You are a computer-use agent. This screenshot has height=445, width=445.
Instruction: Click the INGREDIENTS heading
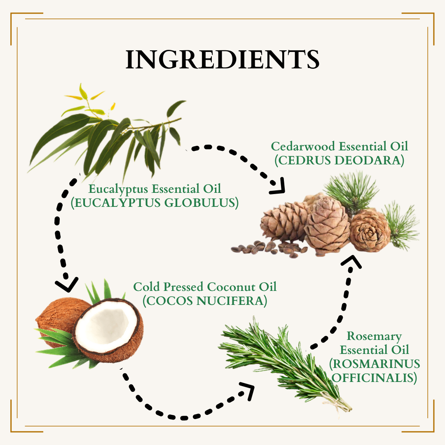click(x=222, y=59)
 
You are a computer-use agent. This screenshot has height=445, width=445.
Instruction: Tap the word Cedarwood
click(x=303, y=146)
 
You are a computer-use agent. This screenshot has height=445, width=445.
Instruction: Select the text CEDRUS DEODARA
click(x=340, y=160)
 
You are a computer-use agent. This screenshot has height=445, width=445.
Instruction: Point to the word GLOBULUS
click(x=200, y=203)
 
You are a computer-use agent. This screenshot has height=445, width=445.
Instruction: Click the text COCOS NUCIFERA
click(x=205, y=301)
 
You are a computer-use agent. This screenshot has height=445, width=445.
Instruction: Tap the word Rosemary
click(x=374, y=336)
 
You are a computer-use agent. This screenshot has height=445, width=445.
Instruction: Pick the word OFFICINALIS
click(x=372, y=378)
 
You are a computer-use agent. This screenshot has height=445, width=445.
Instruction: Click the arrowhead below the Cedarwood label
click(x=278, y=187)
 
